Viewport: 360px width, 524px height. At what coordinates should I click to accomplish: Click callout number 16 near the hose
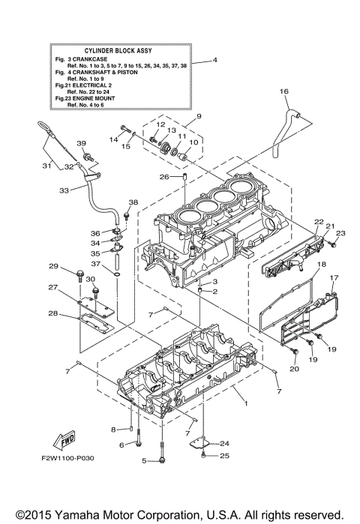[x=284, y=91]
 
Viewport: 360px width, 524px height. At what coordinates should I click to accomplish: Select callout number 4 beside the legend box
[x=214, y=60]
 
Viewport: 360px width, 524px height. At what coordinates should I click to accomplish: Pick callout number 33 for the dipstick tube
[x=64, y=190]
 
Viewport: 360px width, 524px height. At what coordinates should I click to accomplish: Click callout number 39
[x=81, y=142]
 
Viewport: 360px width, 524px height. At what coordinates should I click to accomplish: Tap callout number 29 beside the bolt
[x=53, y=267]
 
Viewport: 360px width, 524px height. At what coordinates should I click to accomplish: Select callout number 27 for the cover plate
[x=53, y=288]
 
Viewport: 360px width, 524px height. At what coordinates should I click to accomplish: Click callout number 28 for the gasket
[x=53, y=313]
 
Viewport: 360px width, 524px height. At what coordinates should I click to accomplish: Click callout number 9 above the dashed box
[x=199, y=116]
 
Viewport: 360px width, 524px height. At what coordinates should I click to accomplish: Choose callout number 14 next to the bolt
[x=115, y=139]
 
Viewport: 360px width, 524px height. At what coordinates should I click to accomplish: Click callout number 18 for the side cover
[x=320, y=265]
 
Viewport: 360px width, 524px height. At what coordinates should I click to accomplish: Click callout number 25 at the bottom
[x=225, y=455]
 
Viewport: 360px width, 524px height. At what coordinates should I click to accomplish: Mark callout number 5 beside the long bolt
[x=143, y=460]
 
